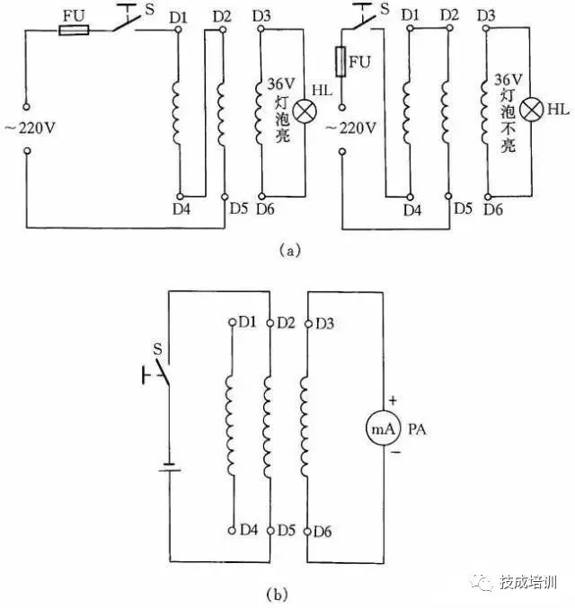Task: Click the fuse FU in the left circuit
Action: (x=73, y=31)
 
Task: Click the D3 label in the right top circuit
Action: (x=489, y=16)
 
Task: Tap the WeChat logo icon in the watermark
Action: (x=485, y=583)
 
